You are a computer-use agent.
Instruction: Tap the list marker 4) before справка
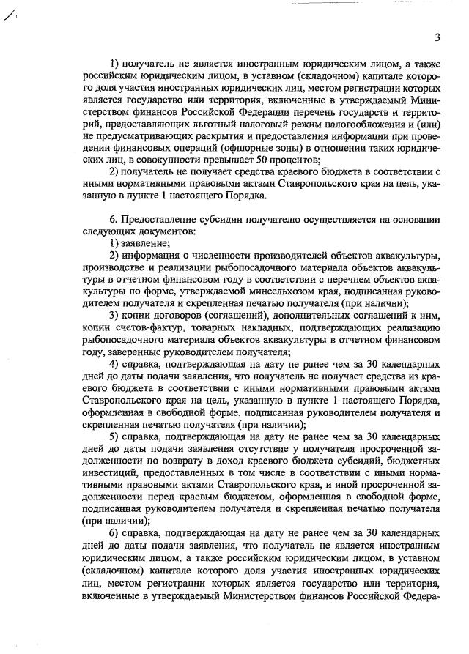pyautogui.click(x=114, y=362)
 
